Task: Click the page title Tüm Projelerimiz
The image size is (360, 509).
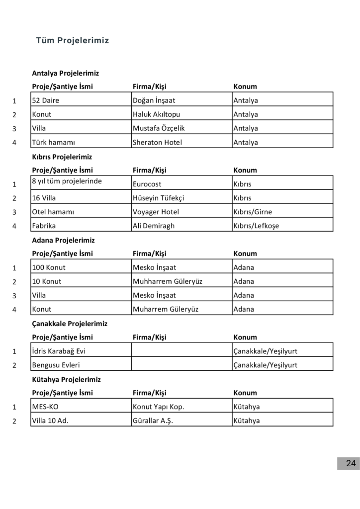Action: (x=72, y=41)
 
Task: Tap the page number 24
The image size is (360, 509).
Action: (x=351, y=463)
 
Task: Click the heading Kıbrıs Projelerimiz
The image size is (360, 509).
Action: (x=62, y=157)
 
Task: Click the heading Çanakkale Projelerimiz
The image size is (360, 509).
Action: (x=70, y=324)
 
